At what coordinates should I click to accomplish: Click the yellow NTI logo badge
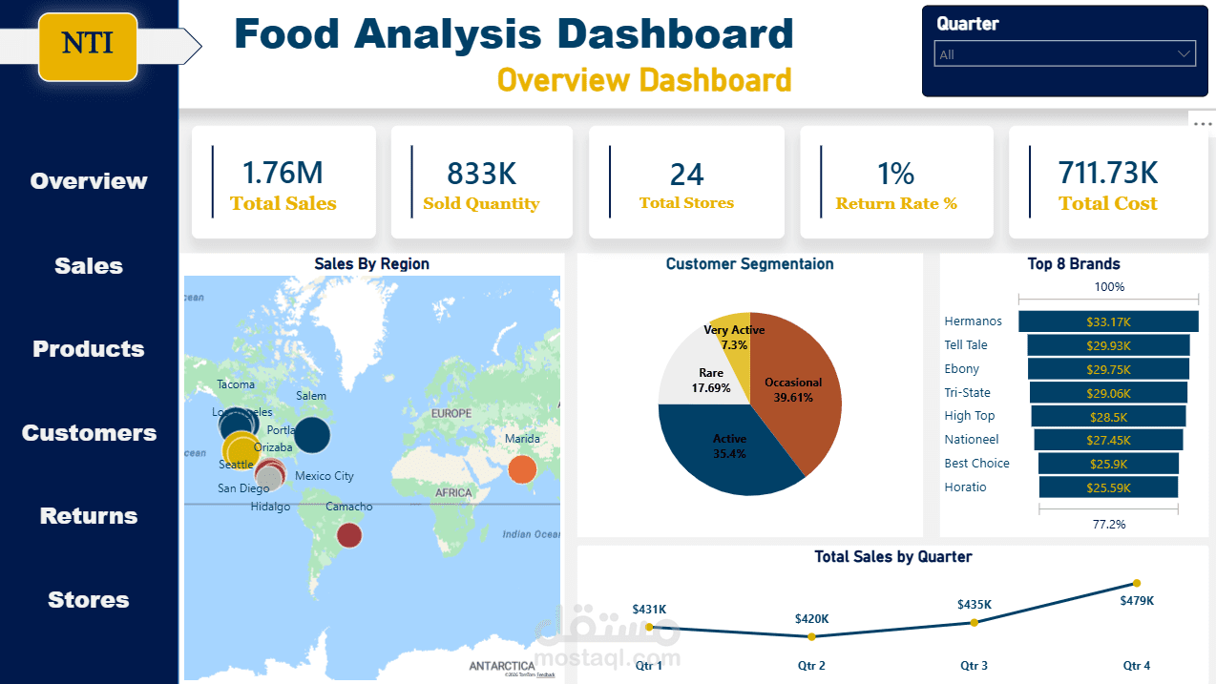pyautogui.click(x=88, y=44)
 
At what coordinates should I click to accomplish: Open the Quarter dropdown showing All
pyautogui.click(x=1064, y=54)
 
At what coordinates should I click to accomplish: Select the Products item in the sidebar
pyautogui.click(x=89, y=349)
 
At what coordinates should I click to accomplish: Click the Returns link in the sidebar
pyautogui.click(x=89, y=516)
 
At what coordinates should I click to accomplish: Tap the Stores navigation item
pyautogui.click(x=89, y=600)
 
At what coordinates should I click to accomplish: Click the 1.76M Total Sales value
pyautogui.click(x=283, y=173)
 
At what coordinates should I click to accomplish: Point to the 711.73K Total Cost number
pyautogui.click(x=1107, y=173)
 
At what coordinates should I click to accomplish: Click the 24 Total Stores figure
pyautogui.click(x=686, y=175)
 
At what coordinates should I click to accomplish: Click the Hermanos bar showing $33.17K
pyautogui.click(x=1108, y=321)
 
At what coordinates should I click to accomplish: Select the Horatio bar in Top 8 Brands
pyautogui.click(x=1108, y=487)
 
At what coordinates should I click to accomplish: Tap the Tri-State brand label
pyautogui.click(x=967, y=392)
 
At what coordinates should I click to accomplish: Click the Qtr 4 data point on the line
pyautogui.click(x=1136, y=583)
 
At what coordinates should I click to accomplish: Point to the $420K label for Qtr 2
pyautogui.click(x=811, y=618)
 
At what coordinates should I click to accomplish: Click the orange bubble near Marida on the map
pyautogui.click(x=521, y=469)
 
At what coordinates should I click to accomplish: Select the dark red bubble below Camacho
pyautogui.click(x=349, y=535)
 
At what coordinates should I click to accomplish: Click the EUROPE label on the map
pyautogui.click(x=451, y=413)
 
